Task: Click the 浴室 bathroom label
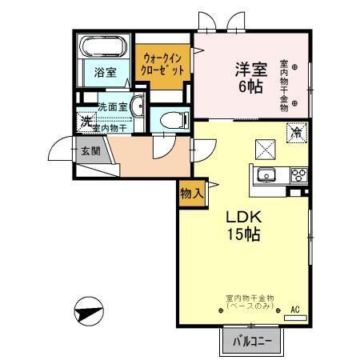105,72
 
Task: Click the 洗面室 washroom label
113,106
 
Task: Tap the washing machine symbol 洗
86,122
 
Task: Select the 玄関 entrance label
89,150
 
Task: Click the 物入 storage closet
191,193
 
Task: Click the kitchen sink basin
266,176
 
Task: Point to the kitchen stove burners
298,175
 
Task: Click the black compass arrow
89,309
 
